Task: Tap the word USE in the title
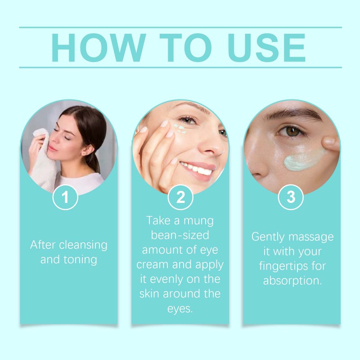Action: point(266,48)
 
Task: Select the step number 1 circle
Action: point(65,197)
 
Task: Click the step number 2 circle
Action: point(180,197)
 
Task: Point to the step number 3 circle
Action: point(291,197)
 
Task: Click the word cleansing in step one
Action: point(83,245)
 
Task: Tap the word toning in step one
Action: point(80,260)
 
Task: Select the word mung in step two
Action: point(198,221)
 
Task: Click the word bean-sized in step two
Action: point(180,235)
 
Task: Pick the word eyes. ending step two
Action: point(180,309)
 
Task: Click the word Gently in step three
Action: point(268,237)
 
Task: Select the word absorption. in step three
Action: point(292,281)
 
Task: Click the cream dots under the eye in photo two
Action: point(180,128)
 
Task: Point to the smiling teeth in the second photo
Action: point(197,168)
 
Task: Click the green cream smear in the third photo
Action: point(303,159)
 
